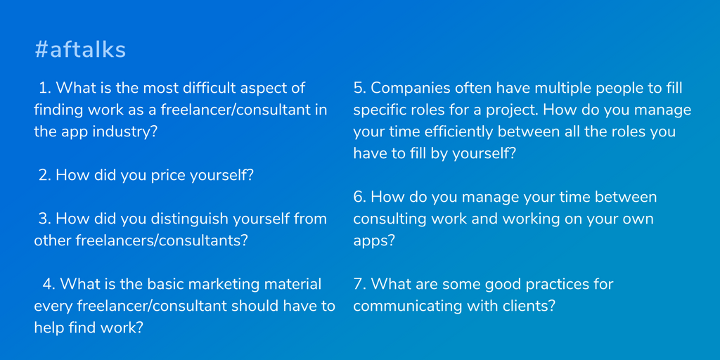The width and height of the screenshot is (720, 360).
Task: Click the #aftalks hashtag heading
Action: pyautogui.click(x=80, y=50)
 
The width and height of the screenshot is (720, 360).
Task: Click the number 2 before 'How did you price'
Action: pyautogui.click(x=45, y=176)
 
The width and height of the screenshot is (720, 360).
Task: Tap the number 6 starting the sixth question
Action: pyautogui.click(x=359, y=198)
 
